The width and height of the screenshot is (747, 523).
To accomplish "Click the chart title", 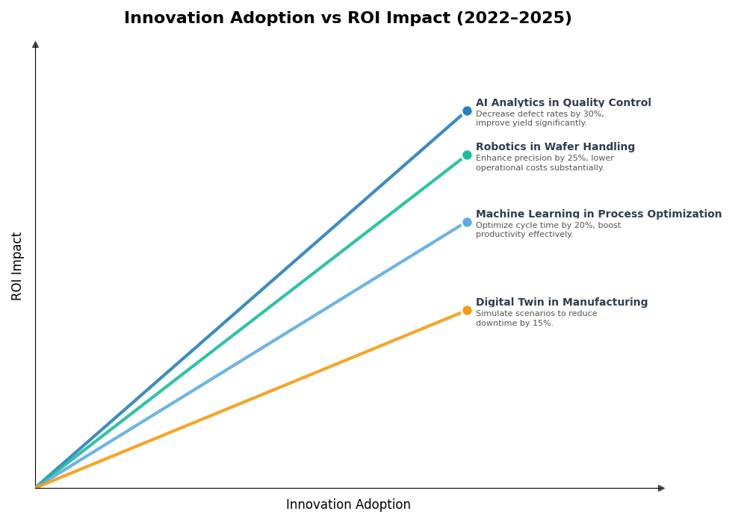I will [347, 19].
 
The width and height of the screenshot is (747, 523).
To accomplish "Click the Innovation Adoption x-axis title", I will [348, 505].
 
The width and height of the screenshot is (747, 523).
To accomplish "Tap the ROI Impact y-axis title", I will [17, 266].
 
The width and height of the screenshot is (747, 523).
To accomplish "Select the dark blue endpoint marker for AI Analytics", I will [467, 111].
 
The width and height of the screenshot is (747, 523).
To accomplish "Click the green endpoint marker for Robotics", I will [467, 155].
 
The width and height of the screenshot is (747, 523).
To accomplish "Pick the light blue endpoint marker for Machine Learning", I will [467, 222].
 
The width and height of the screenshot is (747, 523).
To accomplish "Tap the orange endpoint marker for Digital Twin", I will [467, 311].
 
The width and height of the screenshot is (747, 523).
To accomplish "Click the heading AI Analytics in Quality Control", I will [563, 103].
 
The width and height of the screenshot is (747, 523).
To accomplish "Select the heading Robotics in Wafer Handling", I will [555, 147].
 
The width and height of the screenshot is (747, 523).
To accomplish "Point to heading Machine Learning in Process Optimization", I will [598, 214].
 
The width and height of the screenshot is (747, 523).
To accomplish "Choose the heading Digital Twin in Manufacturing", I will [562, 303].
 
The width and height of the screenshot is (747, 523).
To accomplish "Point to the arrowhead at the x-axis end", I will [661, 489].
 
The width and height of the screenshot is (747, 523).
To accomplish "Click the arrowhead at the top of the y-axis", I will [35, 45].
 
